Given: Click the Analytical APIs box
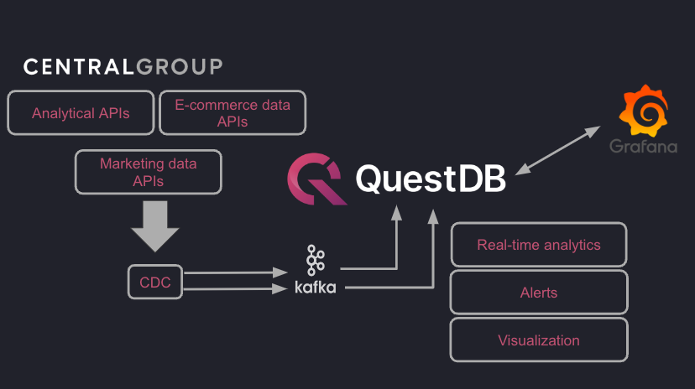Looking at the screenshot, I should coord(81,113).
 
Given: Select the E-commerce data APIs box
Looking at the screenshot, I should coord(233,113).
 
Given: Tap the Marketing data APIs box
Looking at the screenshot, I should coord(149,172).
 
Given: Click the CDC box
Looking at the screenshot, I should coord(154,283).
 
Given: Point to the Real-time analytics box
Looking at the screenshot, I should coord(539,245).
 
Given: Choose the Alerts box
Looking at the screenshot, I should coord(539,293).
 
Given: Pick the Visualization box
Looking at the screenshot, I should coord(539,340).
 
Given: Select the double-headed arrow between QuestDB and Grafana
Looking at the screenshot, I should coord(557,150).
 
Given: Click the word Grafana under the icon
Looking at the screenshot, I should coord(644,148).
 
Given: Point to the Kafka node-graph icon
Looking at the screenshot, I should coord(316,261).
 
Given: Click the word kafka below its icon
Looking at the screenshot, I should coord(316,288).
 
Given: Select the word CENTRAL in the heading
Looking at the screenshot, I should coord(77,67).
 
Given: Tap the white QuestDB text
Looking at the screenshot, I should coord(431,179).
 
